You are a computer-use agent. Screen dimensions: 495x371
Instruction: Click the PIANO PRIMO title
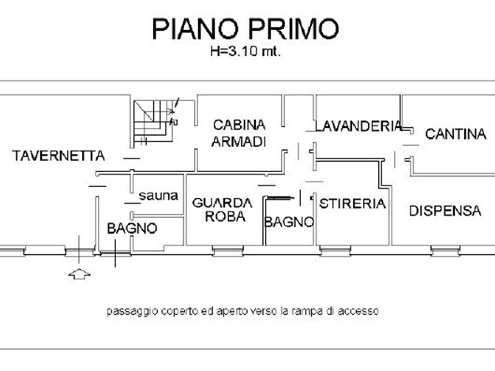[246, 28]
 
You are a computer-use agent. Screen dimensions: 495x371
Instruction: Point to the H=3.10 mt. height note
[246, 51]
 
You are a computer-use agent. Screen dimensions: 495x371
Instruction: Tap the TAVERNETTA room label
[58, 156]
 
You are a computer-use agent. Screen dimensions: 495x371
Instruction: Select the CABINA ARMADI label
[238, 133]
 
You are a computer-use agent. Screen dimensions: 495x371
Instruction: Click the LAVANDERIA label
[358, 126]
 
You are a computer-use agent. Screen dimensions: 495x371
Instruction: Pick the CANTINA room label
[456, 134]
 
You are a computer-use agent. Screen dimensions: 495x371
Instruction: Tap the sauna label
[159, 196]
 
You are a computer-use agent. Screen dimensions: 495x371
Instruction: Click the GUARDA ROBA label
[223, 209]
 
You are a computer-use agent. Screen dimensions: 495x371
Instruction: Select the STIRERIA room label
[352, 204]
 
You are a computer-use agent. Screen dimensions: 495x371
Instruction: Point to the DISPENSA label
[445, 211]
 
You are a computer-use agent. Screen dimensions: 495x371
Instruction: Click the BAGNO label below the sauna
[132, 228]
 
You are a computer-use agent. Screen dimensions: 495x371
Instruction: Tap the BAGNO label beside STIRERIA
[289, 222]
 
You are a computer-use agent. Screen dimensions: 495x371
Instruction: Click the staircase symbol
[154, 122]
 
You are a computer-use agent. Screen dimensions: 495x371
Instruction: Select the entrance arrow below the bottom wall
[79, 274]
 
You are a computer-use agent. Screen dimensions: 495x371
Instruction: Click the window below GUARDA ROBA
[228, 251]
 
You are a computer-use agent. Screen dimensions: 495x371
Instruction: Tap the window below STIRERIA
[336, 251]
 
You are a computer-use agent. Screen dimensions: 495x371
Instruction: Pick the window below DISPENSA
[446, 251]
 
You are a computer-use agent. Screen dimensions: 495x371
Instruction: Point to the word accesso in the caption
[358, 311]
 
